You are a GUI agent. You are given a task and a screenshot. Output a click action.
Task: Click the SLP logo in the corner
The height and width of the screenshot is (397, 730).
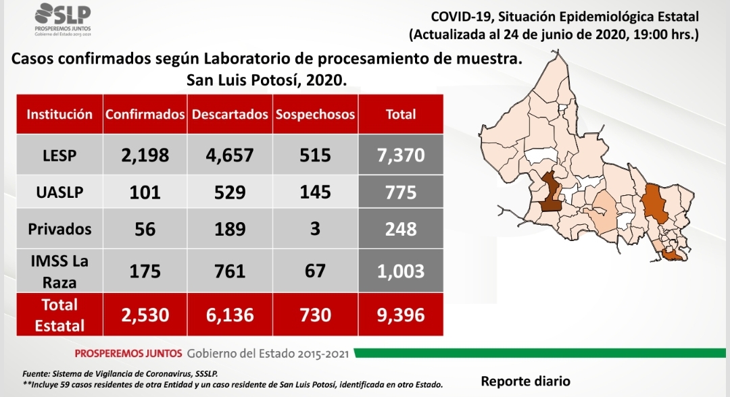click(x=63, y=20)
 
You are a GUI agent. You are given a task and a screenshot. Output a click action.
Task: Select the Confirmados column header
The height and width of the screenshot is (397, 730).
click(x=145, y=114)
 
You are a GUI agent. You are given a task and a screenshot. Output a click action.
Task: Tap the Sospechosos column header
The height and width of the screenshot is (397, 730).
click(x=315, y=114)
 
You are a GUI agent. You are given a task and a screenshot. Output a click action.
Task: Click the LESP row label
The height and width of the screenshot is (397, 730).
click(x=59, y=155)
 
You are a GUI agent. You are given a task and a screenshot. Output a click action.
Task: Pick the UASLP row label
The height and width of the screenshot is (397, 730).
click(x=59, y=192)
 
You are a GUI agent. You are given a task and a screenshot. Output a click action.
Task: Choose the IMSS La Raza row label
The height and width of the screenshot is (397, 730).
click(x=59, y=271)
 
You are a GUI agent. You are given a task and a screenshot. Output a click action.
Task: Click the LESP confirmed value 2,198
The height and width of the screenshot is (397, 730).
click(x=145, y=155)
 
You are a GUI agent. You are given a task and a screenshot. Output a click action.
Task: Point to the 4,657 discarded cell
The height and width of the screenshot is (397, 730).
click(x=230, y=155)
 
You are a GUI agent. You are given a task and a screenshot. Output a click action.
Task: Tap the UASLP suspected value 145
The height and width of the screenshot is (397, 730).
click(x=315, y=192)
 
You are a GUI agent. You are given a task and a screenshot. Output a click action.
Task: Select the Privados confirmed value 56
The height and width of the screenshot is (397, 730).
click(x=145, y=229)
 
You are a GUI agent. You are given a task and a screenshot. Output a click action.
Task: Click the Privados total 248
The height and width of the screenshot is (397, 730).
click(x=401, y=229)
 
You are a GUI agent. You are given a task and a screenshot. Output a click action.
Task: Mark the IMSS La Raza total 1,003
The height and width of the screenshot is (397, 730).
click(x=401, y=271)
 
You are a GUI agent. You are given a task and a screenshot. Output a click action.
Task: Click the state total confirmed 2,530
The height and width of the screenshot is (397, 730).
click(x=145, y=315)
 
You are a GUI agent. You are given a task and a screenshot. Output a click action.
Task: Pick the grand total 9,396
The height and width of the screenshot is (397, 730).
click(x=401, y=315)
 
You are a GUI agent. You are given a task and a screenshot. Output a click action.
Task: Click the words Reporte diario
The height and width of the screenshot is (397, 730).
click(x=526, y=381)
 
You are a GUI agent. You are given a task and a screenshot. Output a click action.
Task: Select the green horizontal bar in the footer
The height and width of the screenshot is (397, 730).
click(x=540, y=353)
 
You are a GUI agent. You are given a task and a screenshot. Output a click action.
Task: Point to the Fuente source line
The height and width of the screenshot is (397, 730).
click(x=120, y=374)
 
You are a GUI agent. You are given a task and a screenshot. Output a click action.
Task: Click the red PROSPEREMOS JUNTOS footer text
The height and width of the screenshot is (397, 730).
click(x=128, y=354)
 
